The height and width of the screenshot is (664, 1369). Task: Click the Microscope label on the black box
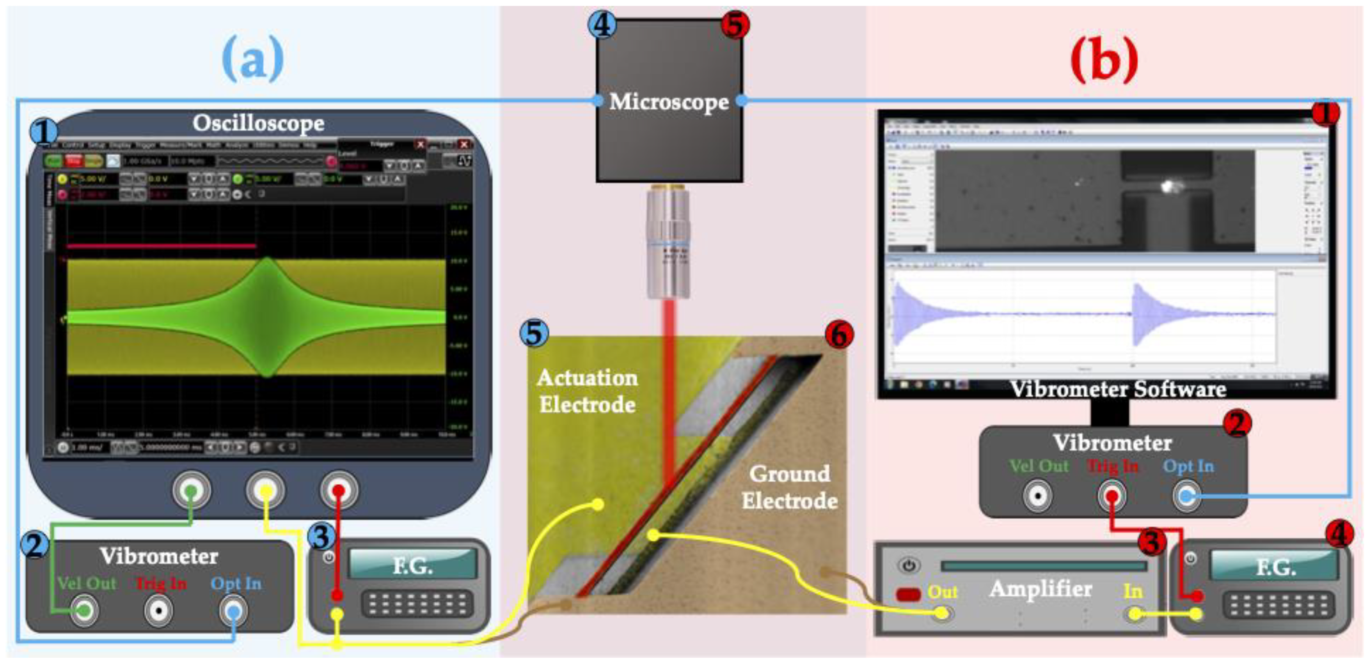[x=669, y=102]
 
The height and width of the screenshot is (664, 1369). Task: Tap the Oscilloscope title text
[x=258, y=123]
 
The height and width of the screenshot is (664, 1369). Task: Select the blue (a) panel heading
[x=253, y=60]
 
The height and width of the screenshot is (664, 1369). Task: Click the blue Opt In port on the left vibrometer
[x=233, y=611]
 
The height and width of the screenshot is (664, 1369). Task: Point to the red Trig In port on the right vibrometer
[x=1112, y=497]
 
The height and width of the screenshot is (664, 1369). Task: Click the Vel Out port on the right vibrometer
[x=1037, y=497]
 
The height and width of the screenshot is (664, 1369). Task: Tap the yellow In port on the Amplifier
[x=1134, y=614]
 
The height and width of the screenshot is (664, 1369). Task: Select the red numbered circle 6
[x=839, y=335]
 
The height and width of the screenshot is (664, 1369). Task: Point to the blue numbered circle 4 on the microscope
[x=602, y=25]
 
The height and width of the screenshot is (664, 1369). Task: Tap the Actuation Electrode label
[x=587, y=391]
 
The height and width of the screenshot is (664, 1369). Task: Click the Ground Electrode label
[x=790, y=487]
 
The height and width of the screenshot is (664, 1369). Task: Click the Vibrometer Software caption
[x=1118, y=390]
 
